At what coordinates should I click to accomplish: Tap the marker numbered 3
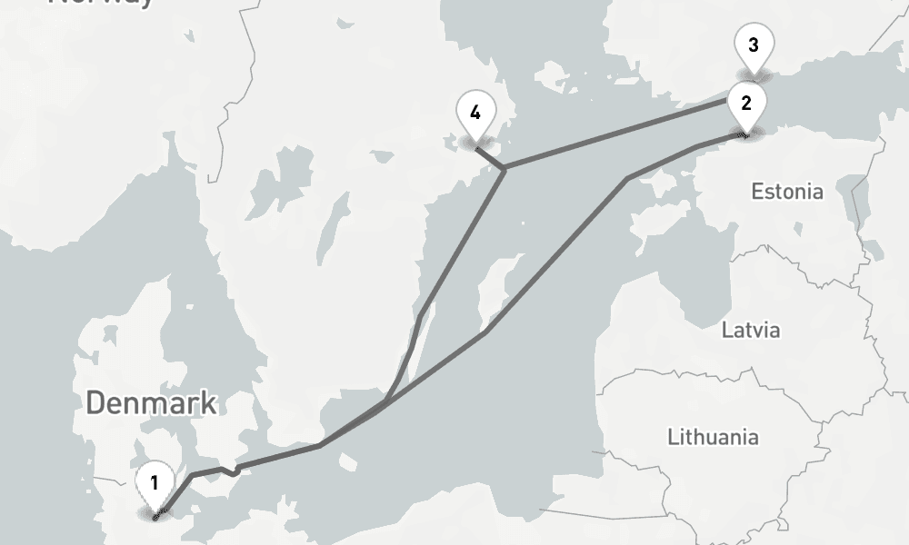(x=754, y=45)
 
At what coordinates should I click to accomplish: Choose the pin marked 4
(x=475, y=113)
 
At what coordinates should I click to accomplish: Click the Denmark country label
(x=151, y=402)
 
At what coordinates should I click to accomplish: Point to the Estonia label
(x=787, y=192)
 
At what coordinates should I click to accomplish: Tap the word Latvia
(x=751, y=329)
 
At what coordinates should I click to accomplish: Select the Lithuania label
(x=713, y=437)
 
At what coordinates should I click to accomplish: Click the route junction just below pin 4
(x=503, y=168)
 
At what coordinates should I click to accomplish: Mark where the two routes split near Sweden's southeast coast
(x=386, y=401)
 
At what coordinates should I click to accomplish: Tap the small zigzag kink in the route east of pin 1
(x=234, y=470)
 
